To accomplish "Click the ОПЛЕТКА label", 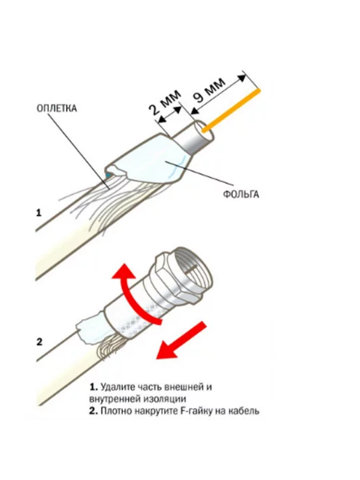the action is coord(57,109).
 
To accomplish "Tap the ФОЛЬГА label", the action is coord(241,194).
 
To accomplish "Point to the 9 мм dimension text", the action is coord(209,89).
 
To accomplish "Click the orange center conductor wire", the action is coord(231,110).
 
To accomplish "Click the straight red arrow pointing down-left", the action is coord(180,340).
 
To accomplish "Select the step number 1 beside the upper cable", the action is coord(38,213).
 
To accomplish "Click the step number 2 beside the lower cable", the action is coord(39,342).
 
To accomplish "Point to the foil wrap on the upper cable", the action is coord(147,160).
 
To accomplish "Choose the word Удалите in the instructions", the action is coord(117,387).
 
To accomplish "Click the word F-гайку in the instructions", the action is coord(195,411).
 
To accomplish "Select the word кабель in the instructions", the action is coord(244,411).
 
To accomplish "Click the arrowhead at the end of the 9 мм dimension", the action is coord(243,78).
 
